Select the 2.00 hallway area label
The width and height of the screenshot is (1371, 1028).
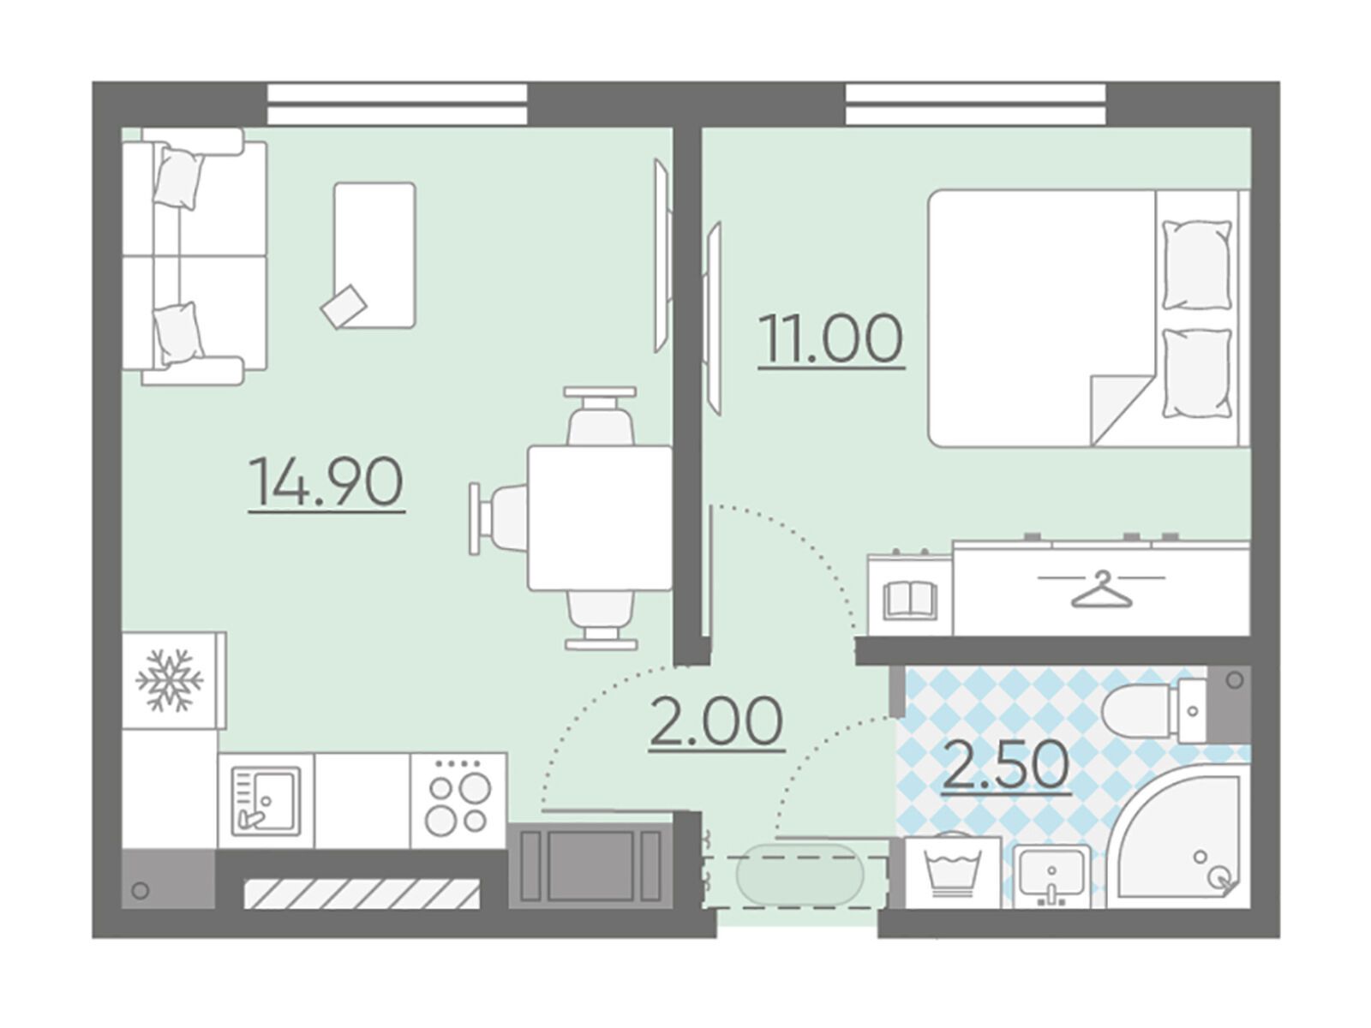[x=716, y=721]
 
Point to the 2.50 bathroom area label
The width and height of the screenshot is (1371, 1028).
[x=1006, y=766]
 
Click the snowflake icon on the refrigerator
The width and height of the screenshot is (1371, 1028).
[x=170, y=680]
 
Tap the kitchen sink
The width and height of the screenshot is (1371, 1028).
[x=266, y=801]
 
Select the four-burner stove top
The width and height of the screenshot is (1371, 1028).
[x=458, y=799]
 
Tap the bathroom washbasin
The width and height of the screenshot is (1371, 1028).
[x=1052, y=875]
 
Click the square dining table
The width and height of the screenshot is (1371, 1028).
[x=600, y=518]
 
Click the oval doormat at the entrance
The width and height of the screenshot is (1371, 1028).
[x=800, y=875]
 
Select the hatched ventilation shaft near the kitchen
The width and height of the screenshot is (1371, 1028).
[x=362, y=894]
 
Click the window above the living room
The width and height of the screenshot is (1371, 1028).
[x=398, y=104]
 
